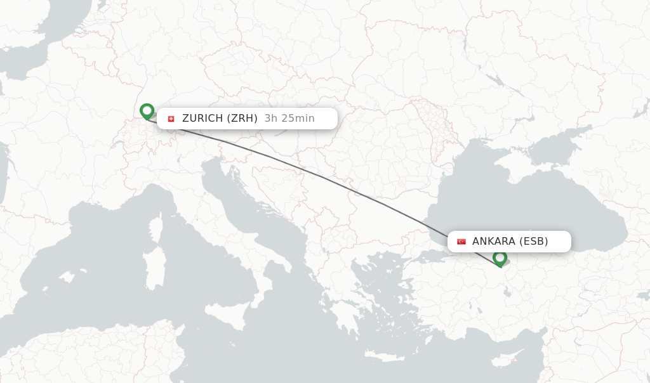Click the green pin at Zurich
click(x=147, y=111)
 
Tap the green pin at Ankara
click(x=500, y=257)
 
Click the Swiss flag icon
click(x=170, y=119)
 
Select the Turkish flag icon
click(x=461, y=242)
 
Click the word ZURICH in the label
click(x=202, y=119)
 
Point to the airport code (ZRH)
click(x=241, y=119)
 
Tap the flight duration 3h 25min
click(x=289, y=119)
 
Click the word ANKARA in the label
click(x=493, y=242)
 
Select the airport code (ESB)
click(x=534, y=242)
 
